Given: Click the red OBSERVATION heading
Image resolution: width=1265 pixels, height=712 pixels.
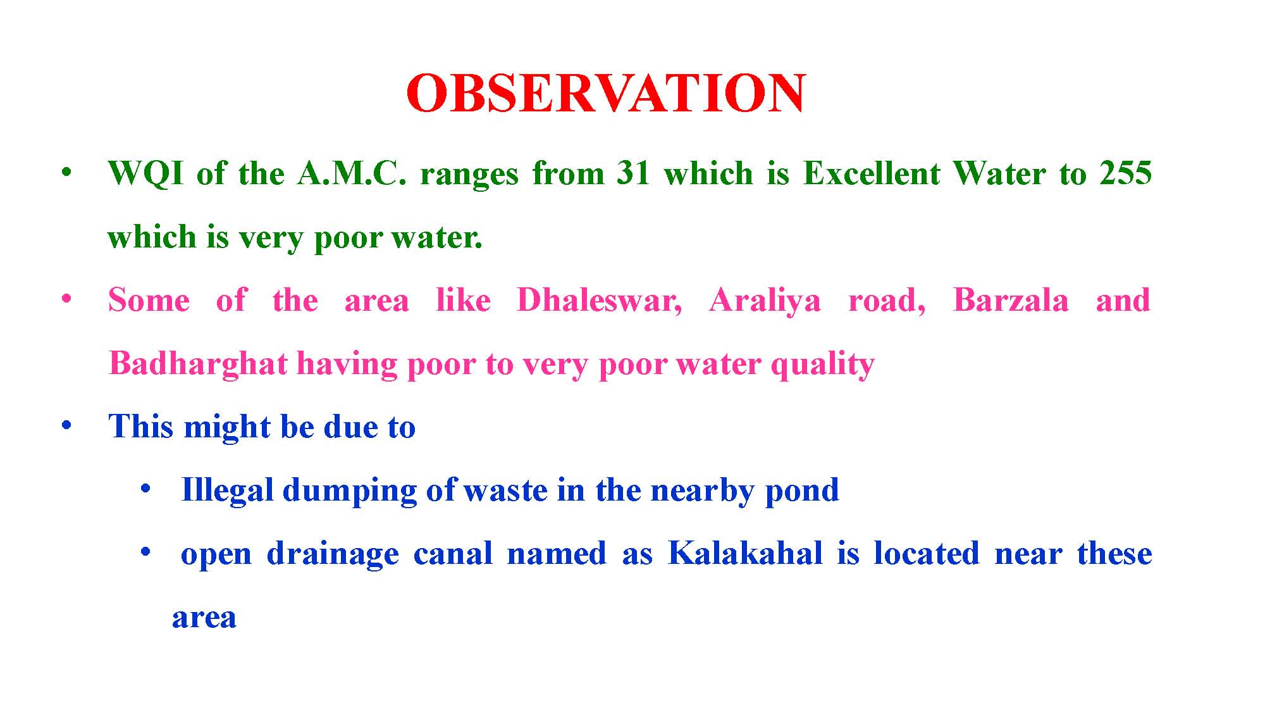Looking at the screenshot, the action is click(x=606, y=93).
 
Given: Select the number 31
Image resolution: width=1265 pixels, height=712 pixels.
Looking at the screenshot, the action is click(x=634, y=173).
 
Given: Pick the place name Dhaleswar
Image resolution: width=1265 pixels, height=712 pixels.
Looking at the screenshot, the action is click(x=599, y=301).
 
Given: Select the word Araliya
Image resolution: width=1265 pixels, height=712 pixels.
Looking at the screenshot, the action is click(x=765, y=301).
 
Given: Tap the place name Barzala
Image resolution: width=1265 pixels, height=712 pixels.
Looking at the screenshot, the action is click(x=1010, y=300).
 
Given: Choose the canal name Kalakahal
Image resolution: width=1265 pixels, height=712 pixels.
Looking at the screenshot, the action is click(x=745, y=553).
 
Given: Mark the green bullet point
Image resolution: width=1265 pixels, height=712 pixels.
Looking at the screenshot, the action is click(x=66, y=172).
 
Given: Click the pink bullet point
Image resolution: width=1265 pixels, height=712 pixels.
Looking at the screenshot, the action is click(x=66, y=299).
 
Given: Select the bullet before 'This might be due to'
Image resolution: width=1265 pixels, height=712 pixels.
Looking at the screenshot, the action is click(x=66, y=425).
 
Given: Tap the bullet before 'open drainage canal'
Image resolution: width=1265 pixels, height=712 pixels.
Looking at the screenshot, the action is click(x=146, y=552).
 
